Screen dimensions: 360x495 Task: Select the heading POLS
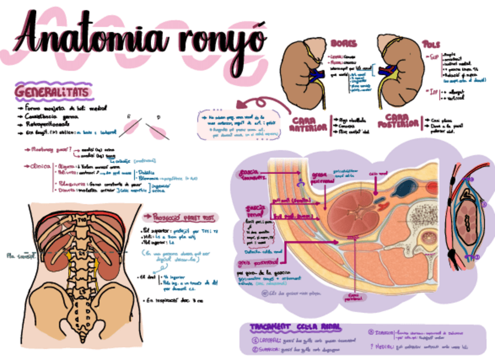pyautogui.click(x=431, y=44)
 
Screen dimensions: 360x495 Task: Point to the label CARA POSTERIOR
pyautogui.click(x=399, y=122)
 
